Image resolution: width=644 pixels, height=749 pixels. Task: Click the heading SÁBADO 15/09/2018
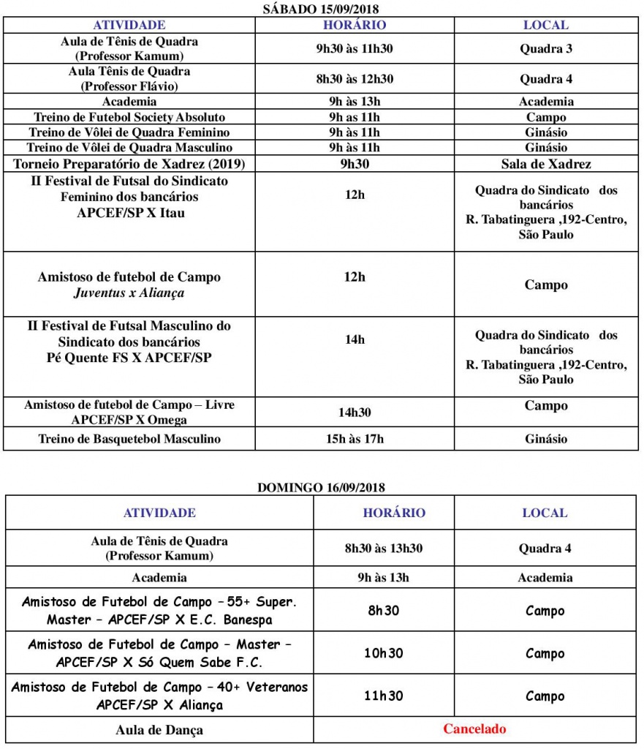point(322,9)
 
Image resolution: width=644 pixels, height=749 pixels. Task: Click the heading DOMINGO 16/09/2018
point(322,487)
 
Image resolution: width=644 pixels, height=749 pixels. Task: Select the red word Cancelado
point(474,729)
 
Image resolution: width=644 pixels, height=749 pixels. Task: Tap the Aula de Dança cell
point(159,729)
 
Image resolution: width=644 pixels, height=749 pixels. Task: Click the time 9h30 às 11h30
point(355,49)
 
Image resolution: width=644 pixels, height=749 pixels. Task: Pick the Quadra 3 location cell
point(545,49)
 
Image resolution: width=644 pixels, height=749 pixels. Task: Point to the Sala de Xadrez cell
point(545,164)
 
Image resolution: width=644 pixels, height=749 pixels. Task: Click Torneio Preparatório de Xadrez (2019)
point(129,164)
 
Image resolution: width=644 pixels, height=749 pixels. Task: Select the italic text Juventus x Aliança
point(129,293)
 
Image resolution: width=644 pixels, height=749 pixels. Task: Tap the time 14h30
point(355,413)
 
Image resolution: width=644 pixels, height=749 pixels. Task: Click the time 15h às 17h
point(355,439)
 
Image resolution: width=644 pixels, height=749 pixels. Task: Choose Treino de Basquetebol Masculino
point(129,439)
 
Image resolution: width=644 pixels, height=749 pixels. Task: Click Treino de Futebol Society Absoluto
point(129,117)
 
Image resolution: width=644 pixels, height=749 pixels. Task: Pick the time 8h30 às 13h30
point(384,548)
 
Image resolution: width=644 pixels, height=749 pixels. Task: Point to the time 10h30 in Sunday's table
point(384,653)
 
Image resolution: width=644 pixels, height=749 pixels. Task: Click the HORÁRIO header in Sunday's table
point(394,513)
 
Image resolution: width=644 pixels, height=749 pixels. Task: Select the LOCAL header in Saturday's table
point(545,25)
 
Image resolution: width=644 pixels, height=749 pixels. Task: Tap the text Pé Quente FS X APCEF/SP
point(129,358)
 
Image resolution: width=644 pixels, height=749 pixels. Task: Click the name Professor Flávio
point(129,86)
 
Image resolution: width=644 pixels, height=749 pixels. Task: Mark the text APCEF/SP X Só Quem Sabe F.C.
point(159,663)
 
